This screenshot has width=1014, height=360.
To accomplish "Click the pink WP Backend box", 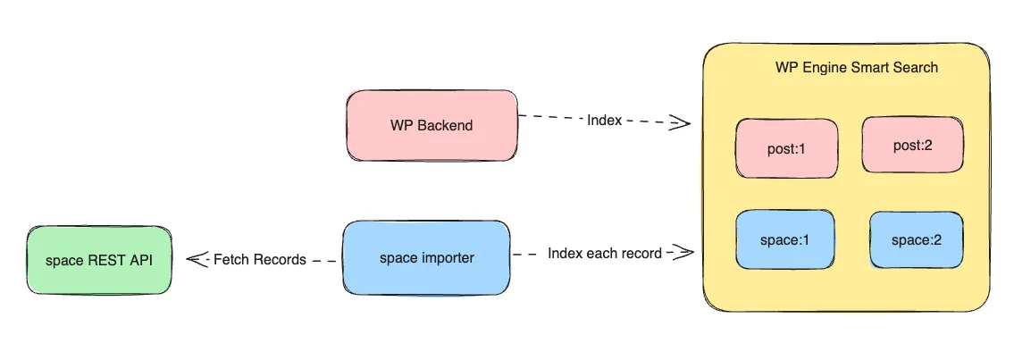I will click(432, 125).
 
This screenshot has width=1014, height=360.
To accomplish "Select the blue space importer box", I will click(426, 258).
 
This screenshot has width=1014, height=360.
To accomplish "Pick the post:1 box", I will click(787, 148).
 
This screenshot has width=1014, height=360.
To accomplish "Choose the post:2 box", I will click(912, 145).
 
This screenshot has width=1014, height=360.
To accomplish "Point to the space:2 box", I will click(916, 239).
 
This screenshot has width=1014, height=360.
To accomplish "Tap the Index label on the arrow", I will click(604, 120).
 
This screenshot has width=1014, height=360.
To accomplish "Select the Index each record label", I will click(605, 254).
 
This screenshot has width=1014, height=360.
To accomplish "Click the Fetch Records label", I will click(260, 260).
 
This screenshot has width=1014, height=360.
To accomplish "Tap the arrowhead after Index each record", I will click(683, 253).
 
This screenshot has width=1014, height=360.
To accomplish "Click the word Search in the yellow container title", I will click(915, 68).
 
